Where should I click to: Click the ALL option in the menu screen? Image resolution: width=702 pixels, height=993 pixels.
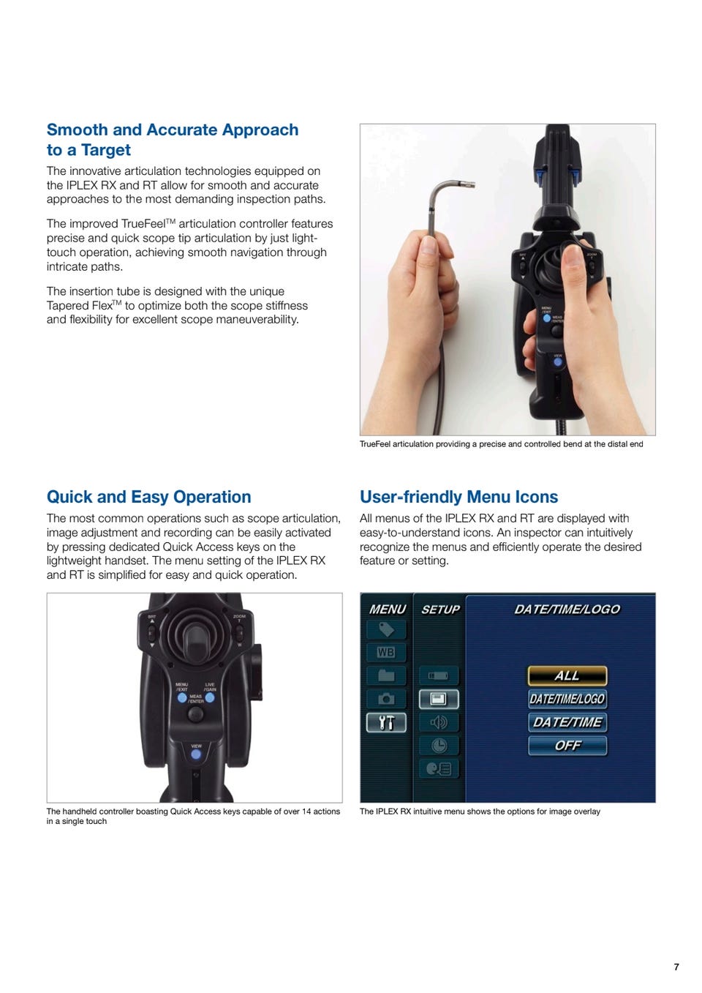(x=567, y=675)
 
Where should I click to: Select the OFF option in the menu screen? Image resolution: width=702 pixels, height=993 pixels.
(x=567, y=746)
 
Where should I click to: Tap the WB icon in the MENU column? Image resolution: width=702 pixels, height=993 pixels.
(x=385, y=652)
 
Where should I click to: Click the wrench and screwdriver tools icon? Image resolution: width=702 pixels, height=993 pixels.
(x=385, y=723)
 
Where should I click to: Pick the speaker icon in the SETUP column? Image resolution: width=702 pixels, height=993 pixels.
(x=438, y=723)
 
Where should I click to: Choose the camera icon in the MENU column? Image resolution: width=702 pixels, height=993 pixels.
(x=385, y=700)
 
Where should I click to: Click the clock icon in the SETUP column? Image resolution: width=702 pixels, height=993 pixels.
(x=438, y=746)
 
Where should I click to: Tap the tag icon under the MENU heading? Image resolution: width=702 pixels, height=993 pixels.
(x=385, y=629)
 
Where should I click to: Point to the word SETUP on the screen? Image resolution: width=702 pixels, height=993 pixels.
(x=440, y=610)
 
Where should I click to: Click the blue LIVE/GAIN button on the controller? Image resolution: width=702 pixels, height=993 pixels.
(x=210, y=698)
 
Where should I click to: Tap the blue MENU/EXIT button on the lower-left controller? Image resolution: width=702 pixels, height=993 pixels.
(x=182, y=698)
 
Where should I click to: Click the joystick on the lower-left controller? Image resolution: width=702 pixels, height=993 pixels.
(x=195, y=645)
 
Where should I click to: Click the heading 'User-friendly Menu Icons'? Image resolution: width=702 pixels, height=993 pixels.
(x=458, y=497)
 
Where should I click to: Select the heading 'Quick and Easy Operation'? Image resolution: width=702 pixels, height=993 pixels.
(x=148, y=497)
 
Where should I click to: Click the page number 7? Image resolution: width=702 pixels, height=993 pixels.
(x=676, y=967)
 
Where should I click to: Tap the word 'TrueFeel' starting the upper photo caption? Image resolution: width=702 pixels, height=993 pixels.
(x=375, y=444)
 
